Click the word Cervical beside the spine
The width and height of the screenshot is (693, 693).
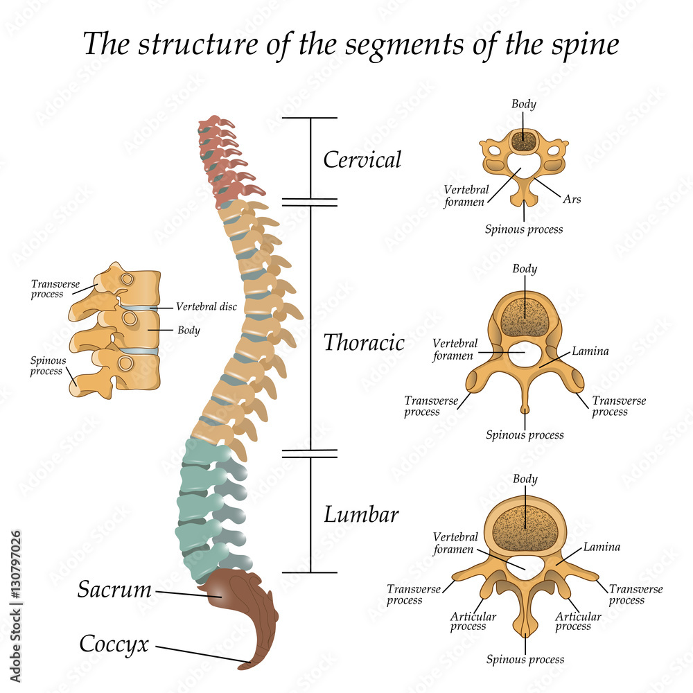(x=362, y=160)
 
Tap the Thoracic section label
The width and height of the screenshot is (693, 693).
(x=364, y=342)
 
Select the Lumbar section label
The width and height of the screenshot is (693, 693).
(x=361, y=515)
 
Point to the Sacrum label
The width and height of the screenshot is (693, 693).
(x=114, y=590)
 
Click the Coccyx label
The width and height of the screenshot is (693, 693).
(x=114, y=644)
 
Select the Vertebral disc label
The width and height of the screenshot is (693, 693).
(x=207, y=306)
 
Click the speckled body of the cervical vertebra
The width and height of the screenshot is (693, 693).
(x=524, y=141)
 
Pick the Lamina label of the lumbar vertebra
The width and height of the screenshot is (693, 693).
(x=601, y=547)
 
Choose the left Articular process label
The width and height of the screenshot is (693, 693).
(x=468, y=621)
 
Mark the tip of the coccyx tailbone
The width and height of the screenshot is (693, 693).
(x=244, y=666)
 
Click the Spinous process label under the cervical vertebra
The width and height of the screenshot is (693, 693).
(x=524, y=229)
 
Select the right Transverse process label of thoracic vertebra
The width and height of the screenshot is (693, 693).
(x=619, y=406)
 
